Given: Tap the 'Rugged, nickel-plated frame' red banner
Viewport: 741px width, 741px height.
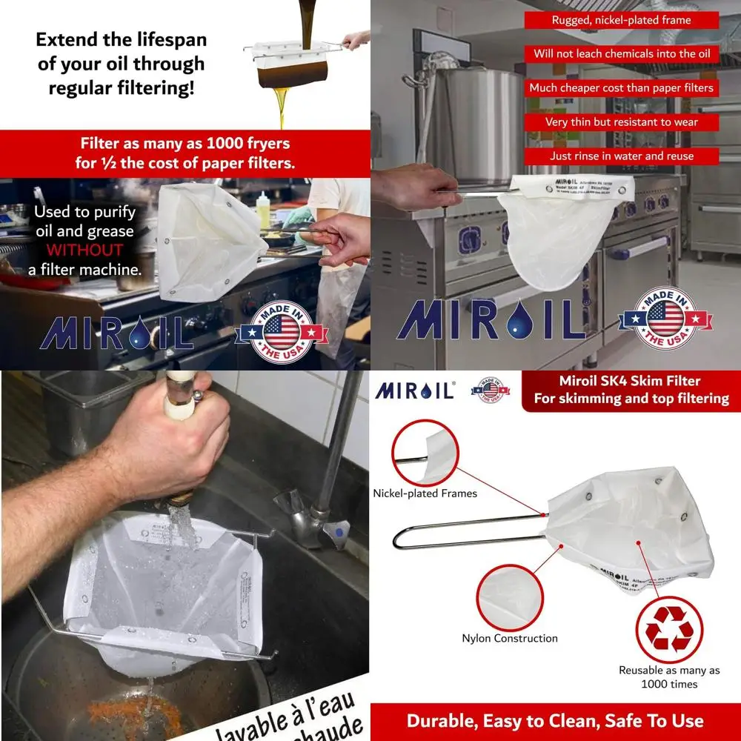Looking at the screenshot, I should coord(621,20).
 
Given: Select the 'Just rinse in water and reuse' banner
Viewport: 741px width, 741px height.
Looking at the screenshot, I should coord(621,156).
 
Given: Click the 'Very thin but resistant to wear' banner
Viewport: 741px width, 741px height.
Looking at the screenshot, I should coord(621,122).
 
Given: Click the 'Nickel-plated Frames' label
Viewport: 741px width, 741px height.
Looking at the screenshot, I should coord(425,494).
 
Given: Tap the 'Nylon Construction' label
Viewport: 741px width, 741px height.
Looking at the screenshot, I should coord(510,638).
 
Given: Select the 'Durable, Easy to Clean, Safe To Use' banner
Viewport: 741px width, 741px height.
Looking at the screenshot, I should coord(555,721).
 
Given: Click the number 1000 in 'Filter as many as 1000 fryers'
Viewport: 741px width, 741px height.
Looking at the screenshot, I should coord(228,143).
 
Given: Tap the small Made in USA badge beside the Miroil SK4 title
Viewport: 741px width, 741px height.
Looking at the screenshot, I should coord(490,390).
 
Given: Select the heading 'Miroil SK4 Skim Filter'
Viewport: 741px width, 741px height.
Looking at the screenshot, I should coord(630,382).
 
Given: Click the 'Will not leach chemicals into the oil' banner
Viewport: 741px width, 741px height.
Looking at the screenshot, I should coord(621,54).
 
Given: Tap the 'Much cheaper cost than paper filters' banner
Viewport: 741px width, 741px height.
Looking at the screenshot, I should coord(621,88).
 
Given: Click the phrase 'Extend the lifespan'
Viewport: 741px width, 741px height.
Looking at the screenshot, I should coord(122,39).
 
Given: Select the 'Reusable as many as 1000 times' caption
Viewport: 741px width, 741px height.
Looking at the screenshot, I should coord(669,677).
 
